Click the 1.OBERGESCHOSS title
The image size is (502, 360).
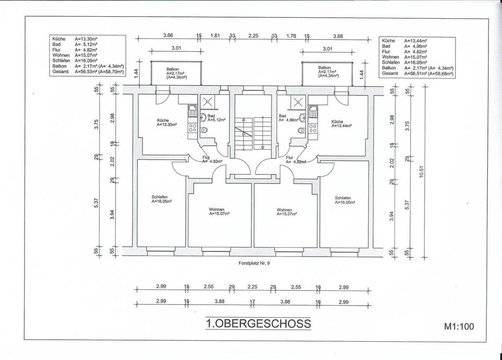click(258, 323)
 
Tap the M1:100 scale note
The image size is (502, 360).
click(459, 327)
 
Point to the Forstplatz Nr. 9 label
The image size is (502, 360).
click(255, 264)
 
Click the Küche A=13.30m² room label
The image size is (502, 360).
click(166, 122)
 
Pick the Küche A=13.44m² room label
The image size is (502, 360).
click(341, 124)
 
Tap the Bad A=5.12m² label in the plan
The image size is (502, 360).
click(215, 118)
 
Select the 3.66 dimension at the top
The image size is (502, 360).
click(168, 35)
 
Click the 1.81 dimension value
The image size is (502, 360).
click(215, 35)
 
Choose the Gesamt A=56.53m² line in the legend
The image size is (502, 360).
click(88, 72)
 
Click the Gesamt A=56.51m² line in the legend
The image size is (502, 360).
click(417, 74)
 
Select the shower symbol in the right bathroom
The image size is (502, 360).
click(299, 102)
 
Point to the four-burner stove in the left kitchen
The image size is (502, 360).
click(192, 129)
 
